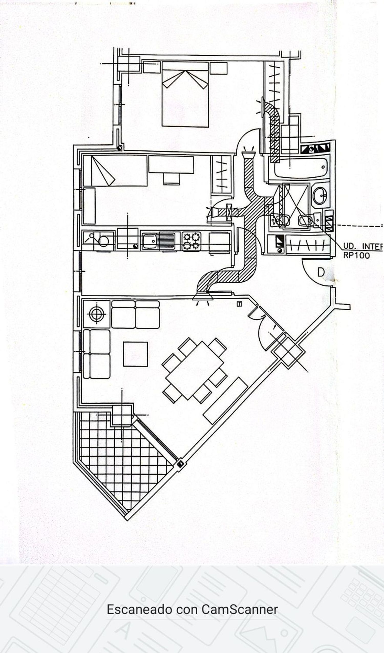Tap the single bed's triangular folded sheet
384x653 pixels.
coord(102,171)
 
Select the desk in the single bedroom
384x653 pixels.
coord(171,164)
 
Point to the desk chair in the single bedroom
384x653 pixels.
coord(171,179)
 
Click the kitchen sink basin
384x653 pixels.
coord(150,241)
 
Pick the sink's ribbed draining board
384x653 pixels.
coord(167,241)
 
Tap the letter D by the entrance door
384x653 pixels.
coord(321,272)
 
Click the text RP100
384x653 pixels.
coord(356,256)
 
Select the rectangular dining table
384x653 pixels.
coord(195,370)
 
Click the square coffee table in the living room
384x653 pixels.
coord(135,354)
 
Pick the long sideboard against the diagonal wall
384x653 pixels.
coord(225,401)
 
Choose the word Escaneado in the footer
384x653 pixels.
coord(140,610)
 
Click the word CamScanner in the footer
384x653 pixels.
coord(240,610)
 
